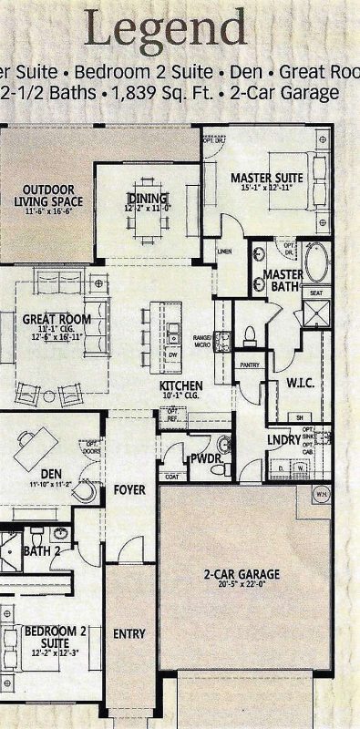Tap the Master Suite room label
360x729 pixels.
coord(267,177)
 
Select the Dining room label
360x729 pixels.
coord(147,198)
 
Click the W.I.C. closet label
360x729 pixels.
coord(299,383)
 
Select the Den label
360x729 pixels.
coord(51,473)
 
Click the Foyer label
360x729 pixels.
coord(129,490)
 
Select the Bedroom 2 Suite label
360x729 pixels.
coord(42,635)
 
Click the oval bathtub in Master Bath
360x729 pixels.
coord(316,262)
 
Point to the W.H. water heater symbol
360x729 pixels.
coord(321,494)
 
